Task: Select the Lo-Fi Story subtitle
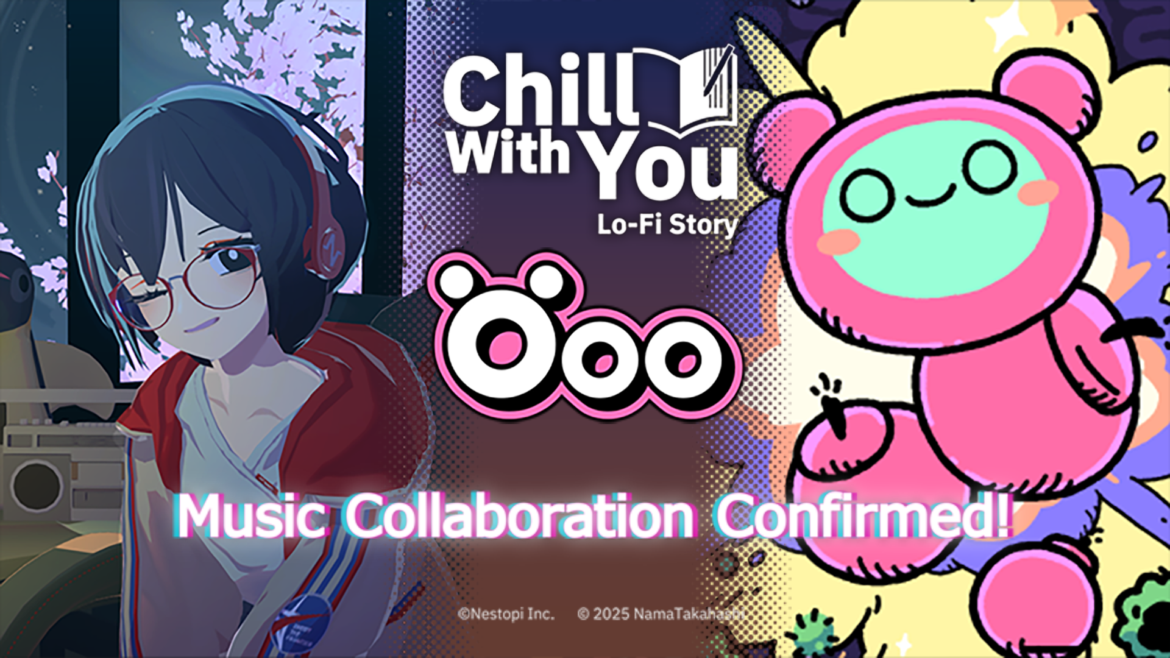click(667, 224)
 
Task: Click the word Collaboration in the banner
click(520, 516)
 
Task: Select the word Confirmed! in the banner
click(864, 515)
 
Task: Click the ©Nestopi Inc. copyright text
click(506, 614)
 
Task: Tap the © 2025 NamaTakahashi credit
click(661, 614)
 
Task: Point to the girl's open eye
click(230, 259)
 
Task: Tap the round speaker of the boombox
click(37, 485)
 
